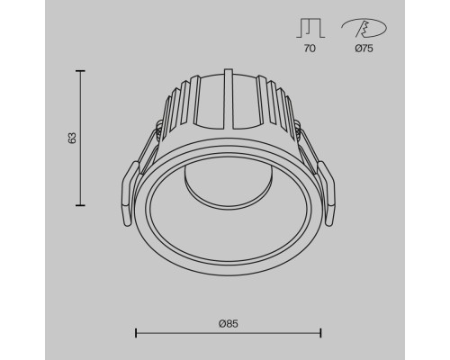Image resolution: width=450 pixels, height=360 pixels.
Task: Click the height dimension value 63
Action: click(x=73, y=138)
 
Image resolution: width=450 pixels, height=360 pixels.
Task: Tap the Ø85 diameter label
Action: click(x=229, y=324)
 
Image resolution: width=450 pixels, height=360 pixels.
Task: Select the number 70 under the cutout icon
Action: click(x=310, y=49)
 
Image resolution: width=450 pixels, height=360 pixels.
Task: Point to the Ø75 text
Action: click(x=364, y=49)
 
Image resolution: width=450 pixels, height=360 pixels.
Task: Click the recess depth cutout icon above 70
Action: click(x=310, y=28)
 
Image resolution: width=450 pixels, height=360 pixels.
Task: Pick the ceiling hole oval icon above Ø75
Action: click(x=364, y=28)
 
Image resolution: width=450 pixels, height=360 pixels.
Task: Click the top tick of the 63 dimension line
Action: click(x=80, y=71)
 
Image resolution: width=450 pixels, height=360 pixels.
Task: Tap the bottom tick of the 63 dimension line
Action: click(x=80, y=205)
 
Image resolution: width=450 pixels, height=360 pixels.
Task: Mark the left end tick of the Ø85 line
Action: click(x=136, y=333)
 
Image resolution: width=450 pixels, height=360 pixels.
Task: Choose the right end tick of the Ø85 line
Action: click(x=320, y=333)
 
